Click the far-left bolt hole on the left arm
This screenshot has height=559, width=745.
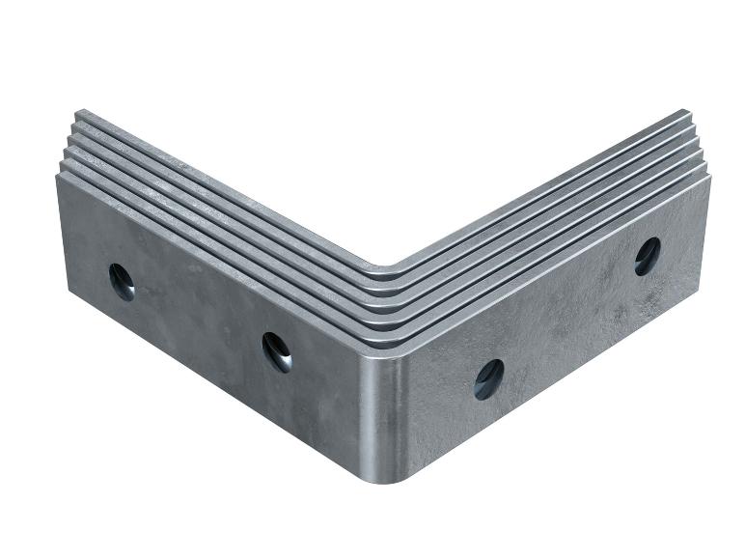pyautogui.click(x=122, y=281)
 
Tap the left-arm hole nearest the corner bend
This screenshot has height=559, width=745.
pyautogui.click(x=276, y=350)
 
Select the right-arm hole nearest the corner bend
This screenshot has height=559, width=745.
pyautogui.click(x=488, y=377)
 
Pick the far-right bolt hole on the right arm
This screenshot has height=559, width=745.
pyautogui.click(x=648, y=256)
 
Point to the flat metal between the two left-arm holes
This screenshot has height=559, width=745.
pyautogui.click(x=198, y=319)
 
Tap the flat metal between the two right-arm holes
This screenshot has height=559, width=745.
pyautogui.click(x=569, y=319)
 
